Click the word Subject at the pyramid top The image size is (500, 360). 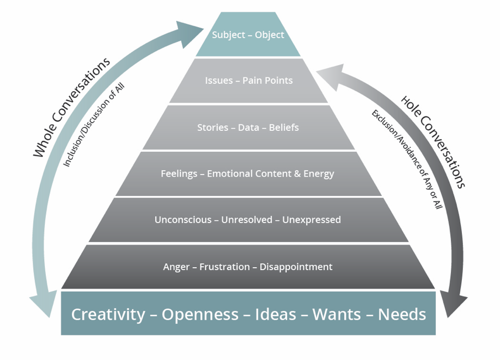[229, 35]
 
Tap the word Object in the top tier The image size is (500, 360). [269, 35]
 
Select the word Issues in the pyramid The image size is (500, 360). [219, 81]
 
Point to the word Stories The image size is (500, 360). [213, 128]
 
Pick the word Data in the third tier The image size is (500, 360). [249, 128]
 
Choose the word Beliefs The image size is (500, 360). [284, 128]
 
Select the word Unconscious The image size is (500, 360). [183, 220]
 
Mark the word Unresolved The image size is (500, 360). [247, 220]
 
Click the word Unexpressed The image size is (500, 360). [312, 220]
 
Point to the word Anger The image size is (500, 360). [176, 267]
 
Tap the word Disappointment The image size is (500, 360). [296, 267]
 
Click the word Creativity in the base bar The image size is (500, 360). [108, 315]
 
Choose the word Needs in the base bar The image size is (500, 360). [402, 315]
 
